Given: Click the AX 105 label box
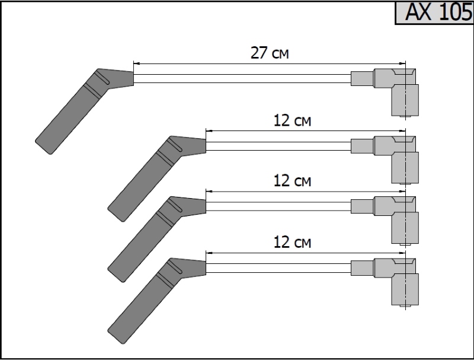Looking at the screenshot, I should tap(434, 12).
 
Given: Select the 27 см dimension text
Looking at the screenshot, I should tap(270, 53).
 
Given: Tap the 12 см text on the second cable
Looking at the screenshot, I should tap(293, 121).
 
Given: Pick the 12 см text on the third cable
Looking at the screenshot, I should tap(293, 181).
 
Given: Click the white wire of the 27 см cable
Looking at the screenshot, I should tap(243, 78).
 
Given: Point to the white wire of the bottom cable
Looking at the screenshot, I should tap(278, 267).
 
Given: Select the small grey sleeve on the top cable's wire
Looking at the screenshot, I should tap(361, 78).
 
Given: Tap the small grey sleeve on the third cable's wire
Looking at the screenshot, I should tap(361, 206).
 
